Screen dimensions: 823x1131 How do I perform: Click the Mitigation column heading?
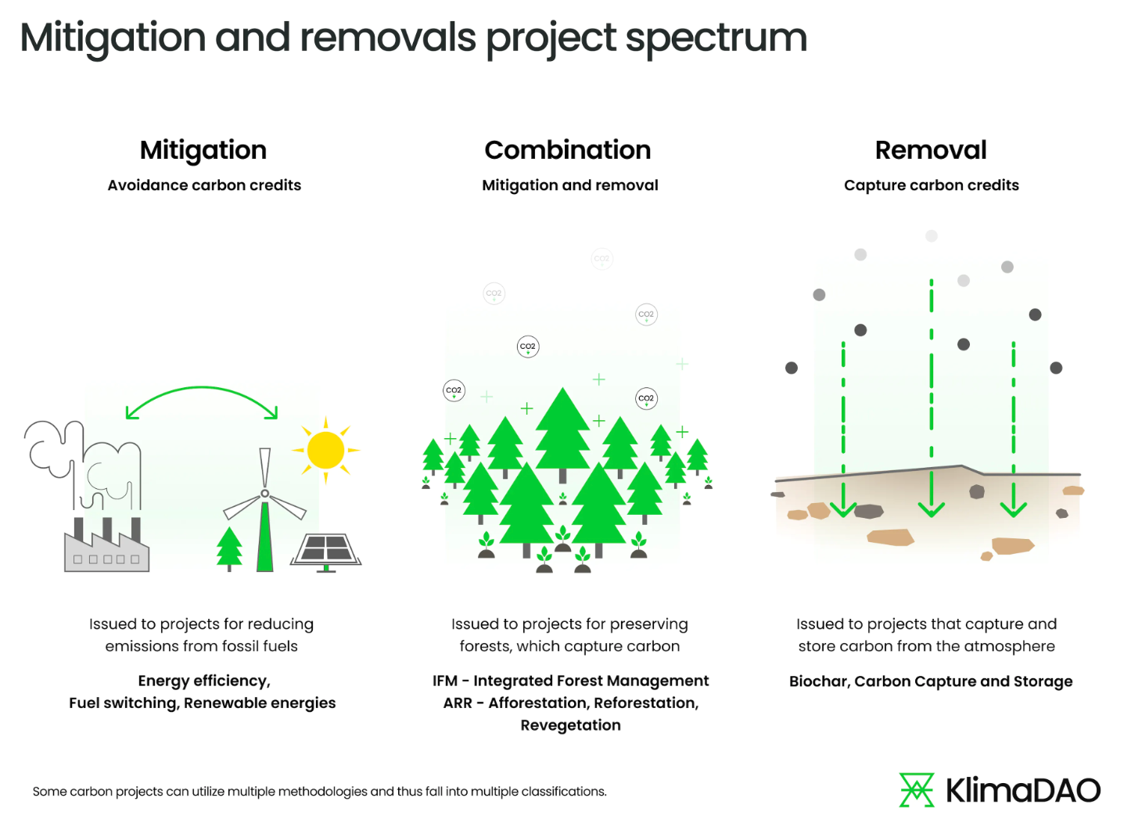[203, 150]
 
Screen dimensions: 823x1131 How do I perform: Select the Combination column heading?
[568, 150]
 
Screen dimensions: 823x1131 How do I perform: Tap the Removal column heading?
[931, 150]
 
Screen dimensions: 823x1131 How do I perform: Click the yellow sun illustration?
[326, 451]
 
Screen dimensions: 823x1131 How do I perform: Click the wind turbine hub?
[265, 494]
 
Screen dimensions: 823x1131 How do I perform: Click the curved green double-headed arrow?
[202, 392]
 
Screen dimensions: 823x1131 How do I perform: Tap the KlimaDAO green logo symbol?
[917, 790]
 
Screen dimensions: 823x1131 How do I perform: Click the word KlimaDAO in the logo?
[1023, 791]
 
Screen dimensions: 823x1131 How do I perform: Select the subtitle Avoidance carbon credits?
[204, 185]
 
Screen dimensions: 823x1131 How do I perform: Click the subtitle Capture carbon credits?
[932, 185]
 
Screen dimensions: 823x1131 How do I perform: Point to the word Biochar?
[819, 681]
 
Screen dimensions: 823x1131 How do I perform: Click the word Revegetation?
[571, 725]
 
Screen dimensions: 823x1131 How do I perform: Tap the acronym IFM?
[445, 681]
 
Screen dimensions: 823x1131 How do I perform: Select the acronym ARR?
[458, 703]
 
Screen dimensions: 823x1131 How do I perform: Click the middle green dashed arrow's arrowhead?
[931, 509]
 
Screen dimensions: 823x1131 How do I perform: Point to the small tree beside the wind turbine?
[229, 547]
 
